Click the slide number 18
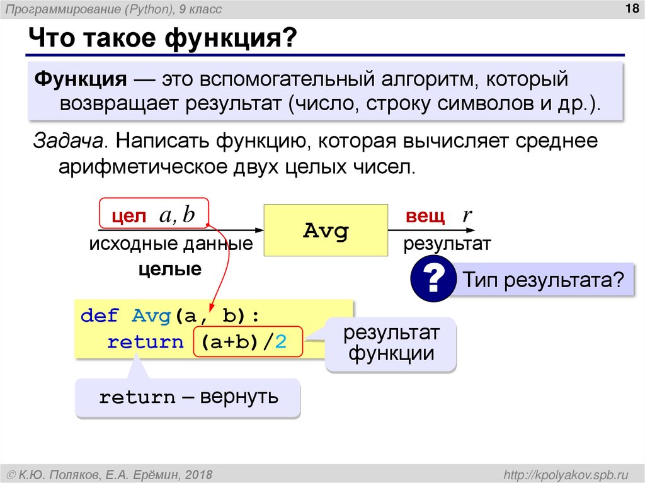tap(627, 8)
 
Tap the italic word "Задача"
tap(68, 142)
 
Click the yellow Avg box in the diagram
tap(325, 230)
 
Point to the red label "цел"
tap(128, 217)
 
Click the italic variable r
tap(467, 215)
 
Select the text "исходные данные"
tap(171, 244)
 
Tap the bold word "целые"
tap(170, 270)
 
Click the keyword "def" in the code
tap(99, 315)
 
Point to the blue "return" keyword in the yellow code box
tap(144, 342)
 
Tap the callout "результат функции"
tap(391, 343)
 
